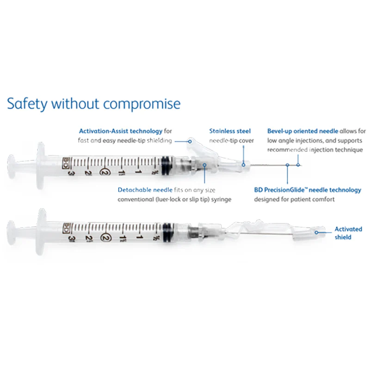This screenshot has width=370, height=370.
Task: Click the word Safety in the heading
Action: pyautogui.click(x=27, y=104)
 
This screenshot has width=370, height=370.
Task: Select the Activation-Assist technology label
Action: pyautogui.click(x=121, y=131)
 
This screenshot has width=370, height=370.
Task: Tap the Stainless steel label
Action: pyautogui.click(x=230, y=131)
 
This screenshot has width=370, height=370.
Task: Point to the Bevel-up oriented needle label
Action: pyautogui.click(x=303, y=131)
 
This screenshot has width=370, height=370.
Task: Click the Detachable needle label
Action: pyautogui.click(x=145, y=190)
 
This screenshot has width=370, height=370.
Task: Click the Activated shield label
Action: pyautogui.click(x=348, y=233)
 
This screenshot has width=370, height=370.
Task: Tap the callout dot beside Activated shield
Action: pyautogui.click(x=317, y=233)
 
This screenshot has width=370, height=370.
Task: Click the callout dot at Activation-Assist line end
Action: pyautogui.click(x=190, y=142)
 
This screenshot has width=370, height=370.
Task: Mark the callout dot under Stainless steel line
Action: pyautogui.click(x=243, y=165)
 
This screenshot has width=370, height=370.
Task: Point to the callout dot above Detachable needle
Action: pyautogui.click(x=204, y=165)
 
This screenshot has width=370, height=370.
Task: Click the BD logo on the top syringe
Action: pyautogui.click(x=65, y=163)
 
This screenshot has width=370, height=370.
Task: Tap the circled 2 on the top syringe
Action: pyautogui.click(x=104, y=172)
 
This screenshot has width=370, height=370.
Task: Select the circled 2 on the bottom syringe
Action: pyautogui.click(x=105, y=237)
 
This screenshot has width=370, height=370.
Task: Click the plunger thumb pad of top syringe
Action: pyautogui.click(x=11, y=167)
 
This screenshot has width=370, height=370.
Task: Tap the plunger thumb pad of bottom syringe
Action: pyautogui.click(x=11, y=233)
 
